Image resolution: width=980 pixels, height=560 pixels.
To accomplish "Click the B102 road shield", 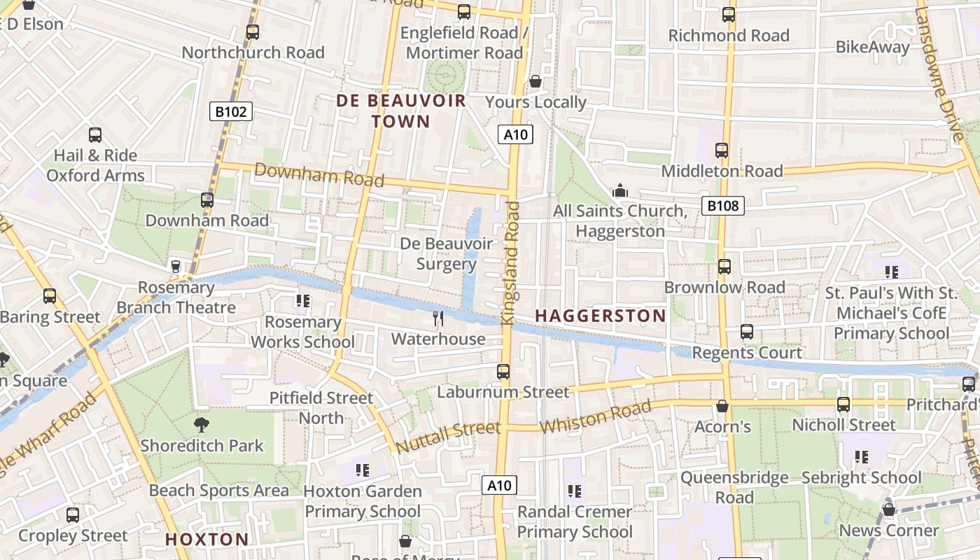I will (x=230, y=111).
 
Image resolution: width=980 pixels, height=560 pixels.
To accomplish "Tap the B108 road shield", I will (x=722, y=205).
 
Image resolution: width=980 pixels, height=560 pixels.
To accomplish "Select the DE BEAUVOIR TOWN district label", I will (x=401, y=111).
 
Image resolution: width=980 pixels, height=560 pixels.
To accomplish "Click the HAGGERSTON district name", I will (x=601, y=316).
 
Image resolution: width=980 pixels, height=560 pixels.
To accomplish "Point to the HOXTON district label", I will (x=206, y=539).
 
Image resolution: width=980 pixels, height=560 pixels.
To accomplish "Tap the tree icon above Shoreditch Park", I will (x=202, y=424).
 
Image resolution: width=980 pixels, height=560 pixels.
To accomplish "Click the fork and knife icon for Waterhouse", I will (x=438, y=318).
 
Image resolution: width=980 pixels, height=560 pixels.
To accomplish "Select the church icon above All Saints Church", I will (x=619, y=190).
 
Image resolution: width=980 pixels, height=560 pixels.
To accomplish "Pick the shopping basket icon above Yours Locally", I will (x=535, y=81).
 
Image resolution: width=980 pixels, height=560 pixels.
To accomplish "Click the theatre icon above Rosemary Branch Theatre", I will (x=176, y=266).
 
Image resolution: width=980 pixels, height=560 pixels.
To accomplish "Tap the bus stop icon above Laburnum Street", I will (x=503, y=372).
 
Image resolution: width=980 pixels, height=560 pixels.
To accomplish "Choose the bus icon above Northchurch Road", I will (x=253, y=31).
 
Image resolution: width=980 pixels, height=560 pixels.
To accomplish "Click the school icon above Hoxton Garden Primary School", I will (x=362, y=470).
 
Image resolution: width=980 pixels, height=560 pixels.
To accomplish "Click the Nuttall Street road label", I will (x=438, y=436).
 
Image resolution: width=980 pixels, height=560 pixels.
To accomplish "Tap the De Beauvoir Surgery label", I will (x=446, y=253).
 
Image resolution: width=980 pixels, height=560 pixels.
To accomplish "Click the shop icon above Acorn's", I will (x=722, y=406).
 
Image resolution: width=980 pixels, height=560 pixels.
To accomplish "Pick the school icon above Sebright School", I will (x=861, y=457).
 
